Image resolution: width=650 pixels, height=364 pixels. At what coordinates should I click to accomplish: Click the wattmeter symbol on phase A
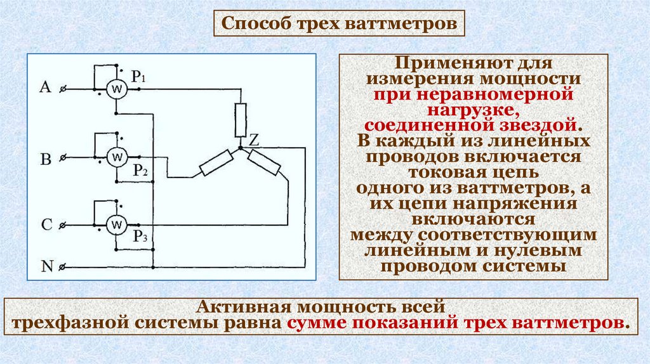tap(116, 90)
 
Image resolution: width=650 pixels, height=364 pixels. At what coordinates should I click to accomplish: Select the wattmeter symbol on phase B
tap(116, 157)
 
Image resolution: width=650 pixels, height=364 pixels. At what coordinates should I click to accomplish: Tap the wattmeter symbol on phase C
tap(116, 224)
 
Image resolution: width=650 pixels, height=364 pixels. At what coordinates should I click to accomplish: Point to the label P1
tap(140, 77)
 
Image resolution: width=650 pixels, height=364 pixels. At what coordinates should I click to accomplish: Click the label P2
tap(140, 170)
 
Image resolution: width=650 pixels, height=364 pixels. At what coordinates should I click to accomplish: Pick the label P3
tap(140, 237)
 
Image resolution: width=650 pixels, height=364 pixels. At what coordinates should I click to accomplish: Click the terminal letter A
tap(45, 88)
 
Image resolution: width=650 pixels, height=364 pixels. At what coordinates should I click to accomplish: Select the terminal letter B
tap(46, 159)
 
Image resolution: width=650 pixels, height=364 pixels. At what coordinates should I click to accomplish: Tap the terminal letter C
tap(46, 225)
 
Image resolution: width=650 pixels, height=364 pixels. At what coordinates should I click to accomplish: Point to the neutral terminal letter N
tap(46, 266)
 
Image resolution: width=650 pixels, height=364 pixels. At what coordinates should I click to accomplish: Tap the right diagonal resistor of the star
tap(265, 164)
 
